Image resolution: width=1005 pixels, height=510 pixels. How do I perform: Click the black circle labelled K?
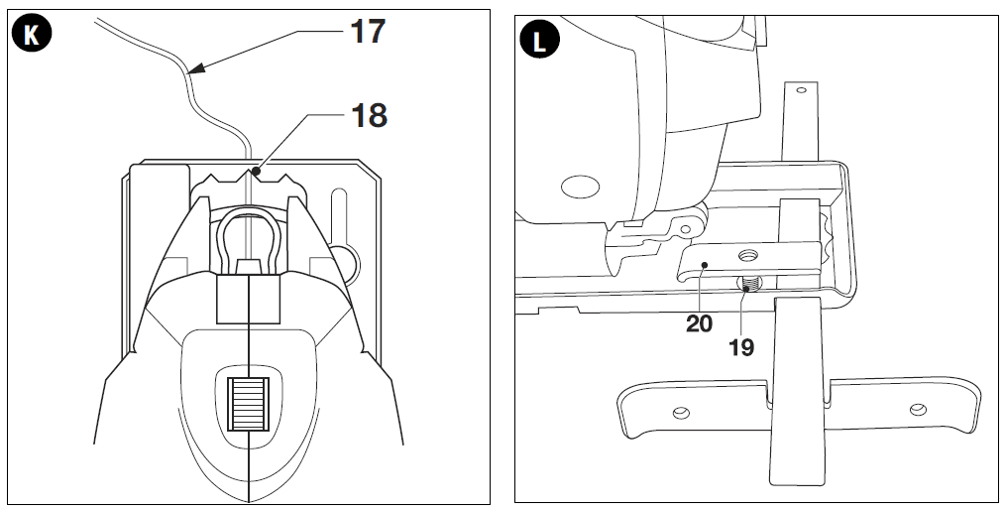click(31, 35)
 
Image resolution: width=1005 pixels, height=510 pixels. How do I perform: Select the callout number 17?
click(368, 32)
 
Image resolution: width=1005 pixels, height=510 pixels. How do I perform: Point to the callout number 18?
click(369, 116)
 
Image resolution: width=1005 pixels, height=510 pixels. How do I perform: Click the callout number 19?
click(741, 347)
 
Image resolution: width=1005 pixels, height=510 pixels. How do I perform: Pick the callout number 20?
click(699, 324)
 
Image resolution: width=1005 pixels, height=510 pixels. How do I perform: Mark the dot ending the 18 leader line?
click(256, 172)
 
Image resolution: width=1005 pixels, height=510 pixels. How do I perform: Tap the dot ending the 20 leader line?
click(704, 264)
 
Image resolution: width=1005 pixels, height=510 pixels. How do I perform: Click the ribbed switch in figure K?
click(248, 404)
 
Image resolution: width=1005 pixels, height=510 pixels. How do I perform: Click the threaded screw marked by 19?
click(749, 283)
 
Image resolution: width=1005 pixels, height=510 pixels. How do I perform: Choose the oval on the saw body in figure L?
click(580, 187)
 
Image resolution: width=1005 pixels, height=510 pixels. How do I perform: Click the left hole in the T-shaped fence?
click(681, 412)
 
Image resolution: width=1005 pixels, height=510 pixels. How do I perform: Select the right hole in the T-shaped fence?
click(918, 409)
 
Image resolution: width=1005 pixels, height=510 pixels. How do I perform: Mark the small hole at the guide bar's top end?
click(801, 90)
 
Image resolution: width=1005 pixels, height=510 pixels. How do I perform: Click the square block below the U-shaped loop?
click(248, 300)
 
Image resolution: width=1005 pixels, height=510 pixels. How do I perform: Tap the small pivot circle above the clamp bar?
click(685, 228)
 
